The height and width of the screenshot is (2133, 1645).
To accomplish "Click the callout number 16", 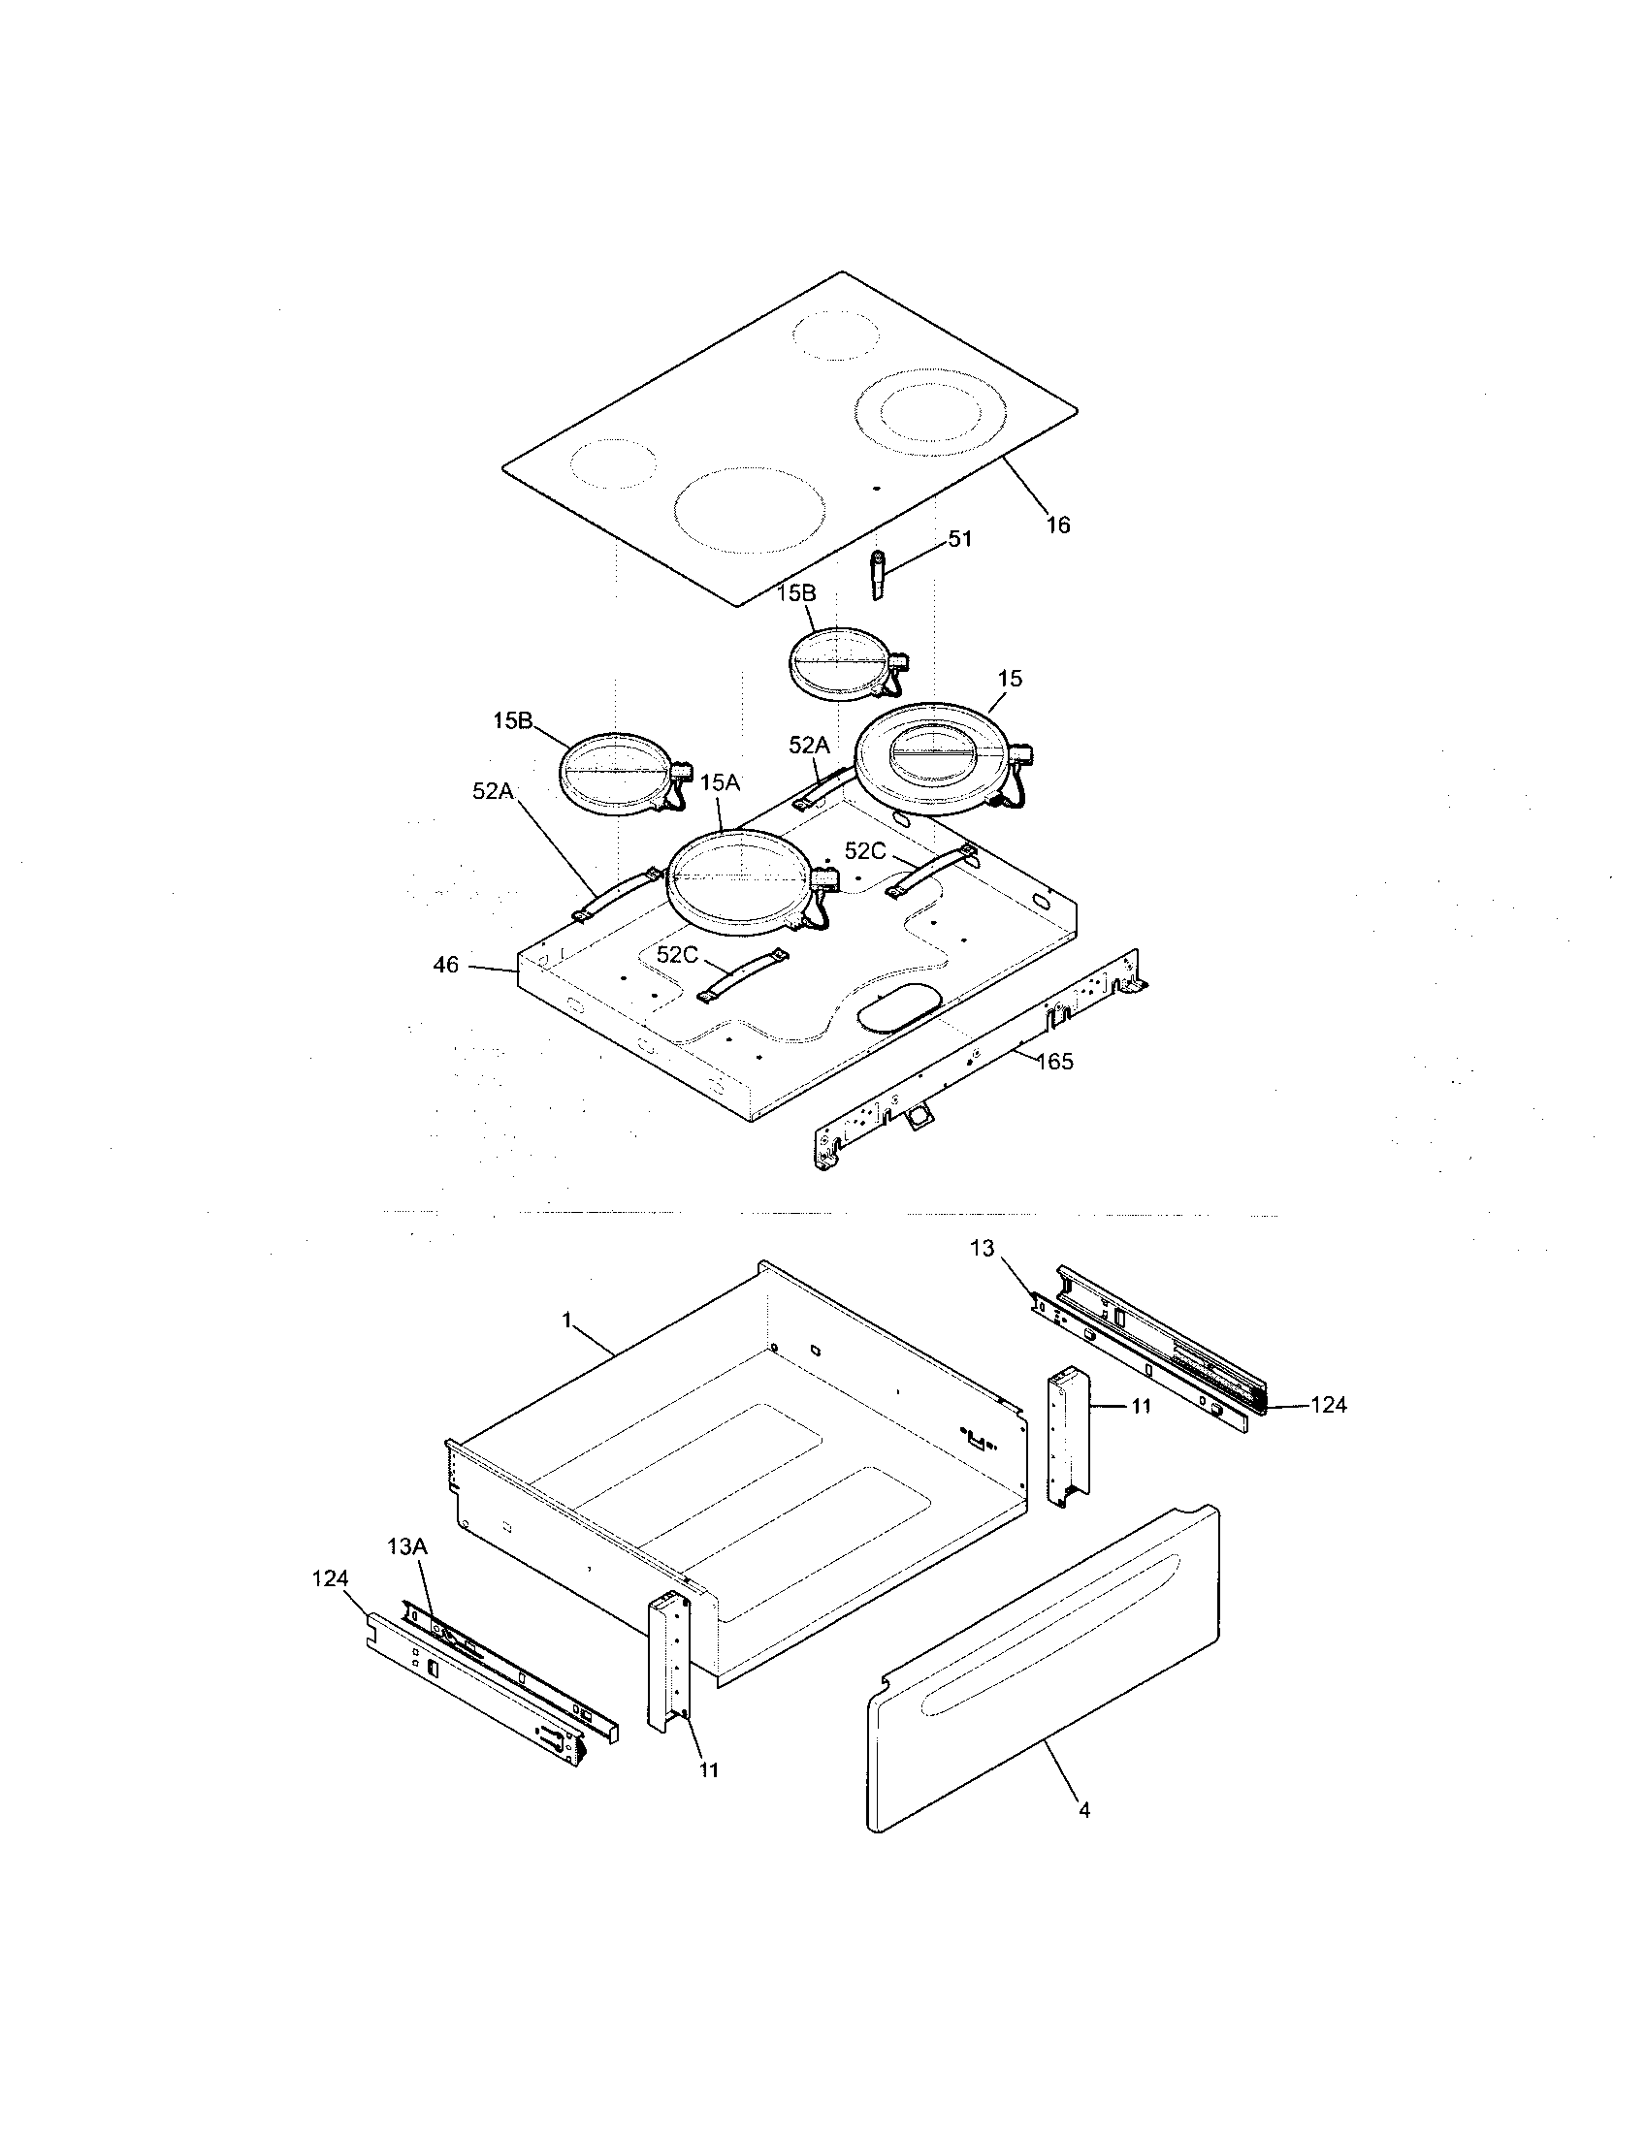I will [1058, 525].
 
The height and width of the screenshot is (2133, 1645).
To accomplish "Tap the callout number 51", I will [960, 539].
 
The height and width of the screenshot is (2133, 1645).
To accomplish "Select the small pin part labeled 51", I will [877, 576].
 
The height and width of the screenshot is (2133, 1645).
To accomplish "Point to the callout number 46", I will [445, 966].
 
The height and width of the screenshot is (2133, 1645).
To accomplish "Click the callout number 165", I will [1054, 1062].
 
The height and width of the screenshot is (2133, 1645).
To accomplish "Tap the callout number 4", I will [1083, 1810].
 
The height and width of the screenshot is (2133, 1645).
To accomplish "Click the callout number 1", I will [566, 1320].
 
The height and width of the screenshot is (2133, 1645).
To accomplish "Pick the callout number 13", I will [982, 1247].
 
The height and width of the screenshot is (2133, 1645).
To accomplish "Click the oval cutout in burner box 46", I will [898, 1007].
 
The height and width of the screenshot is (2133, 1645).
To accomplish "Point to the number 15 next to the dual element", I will [1010, 678].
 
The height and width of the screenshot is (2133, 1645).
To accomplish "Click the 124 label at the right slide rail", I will [1329, 1405].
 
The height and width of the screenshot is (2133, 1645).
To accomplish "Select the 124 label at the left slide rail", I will [330, 1579].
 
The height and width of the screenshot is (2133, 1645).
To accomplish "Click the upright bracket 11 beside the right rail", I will [1068, 1436].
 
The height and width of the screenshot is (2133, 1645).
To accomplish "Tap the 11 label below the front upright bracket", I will [709, 1769].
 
